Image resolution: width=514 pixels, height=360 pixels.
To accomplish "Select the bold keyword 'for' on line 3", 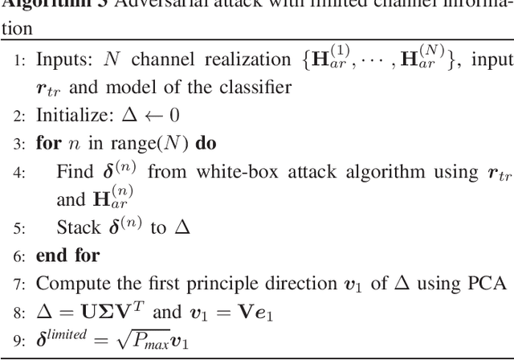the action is click(x=47, y=145).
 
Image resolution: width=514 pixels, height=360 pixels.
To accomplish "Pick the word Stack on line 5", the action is click(x=77, y=227).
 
